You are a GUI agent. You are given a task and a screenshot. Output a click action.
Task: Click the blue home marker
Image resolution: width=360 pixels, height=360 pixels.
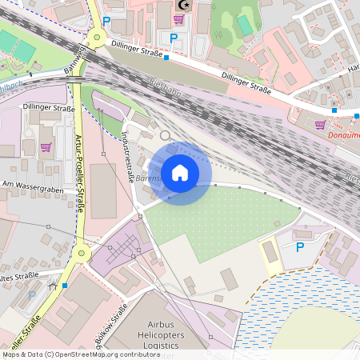point(180,173)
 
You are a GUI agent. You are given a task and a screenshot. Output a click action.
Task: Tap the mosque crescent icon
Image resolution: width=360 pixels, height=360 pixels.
point(183,5)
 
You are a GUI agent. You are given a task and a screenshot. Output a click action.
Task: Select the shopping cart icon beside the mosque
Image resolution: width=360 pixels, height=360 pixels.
point(178,19)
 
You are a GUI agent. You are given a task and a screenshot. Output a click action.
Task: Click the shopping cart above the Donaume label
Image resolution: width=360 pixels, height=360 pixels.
point(321,125)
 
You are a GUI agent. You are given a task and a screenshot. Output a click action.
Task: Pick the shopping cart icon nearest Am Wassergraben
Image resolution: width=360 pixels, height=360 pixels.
point(46,147)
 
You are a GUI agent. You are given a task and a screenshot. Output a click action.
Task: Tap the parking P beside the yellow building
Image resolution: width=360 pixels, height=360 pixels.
point(300,248)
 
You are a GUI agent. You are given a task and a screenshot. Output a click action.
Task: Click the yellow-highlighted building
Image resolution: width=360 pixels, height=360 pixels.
point(270,252)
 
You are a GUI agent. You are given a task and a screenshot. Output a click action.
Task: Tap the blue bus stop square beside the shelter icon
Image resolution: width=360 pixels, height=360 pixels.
point(64,284)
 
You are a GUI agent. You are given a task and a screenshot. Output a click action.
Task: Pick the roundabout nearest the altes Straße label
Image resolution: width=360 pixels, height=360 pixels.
point(80,255)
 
